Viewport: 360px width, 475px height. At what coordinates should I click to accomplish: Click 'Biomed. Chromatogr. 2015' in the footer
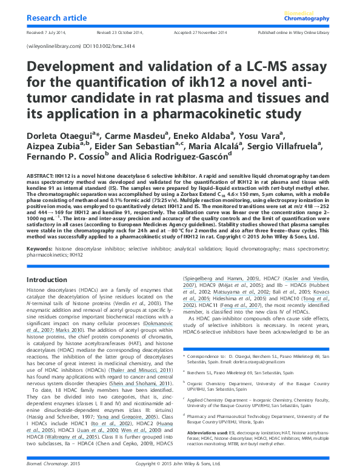coord(53,463)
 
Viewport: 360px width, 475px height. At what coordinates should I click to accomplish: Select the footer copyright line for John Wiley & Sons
coord(179,463)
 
